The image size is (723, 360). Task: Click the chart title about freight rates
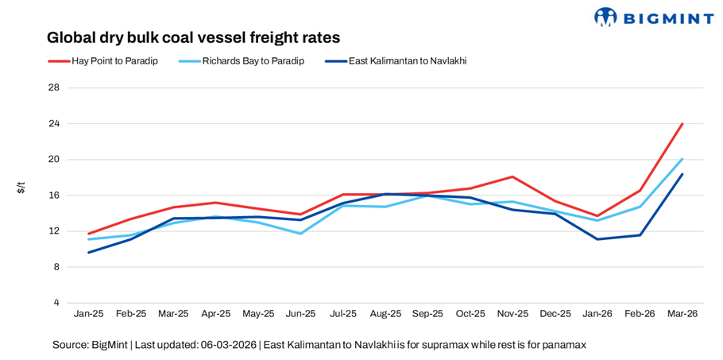point(193,37)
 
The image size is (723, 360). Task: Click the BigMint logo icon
point(606,16)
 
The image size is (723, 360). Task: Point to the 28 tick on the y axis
point(54,87)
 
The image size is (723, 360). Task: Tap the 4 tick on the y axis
point(56,303)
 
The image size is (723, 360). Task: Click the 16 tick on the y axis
point(54,195)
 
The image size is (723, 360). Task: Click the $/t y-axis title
point(21,188)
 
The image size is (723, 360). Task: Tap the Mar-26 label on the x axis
point(682,314)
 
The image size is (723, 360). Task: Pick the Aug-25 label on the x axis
point(385,314)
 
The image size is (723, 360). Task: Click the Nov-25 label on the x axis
point(512,314)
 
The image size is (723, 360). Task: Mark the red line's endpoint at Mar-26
point(682,124)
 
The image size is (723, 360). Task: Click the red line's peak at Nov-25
point(512,176)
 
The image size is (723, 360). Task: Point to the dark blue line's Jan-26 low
point(597,239)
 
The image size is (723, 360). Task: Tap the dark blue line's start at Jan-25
point(89,253)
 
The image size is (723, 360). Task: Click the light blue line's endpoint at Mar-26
point(682,159)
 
